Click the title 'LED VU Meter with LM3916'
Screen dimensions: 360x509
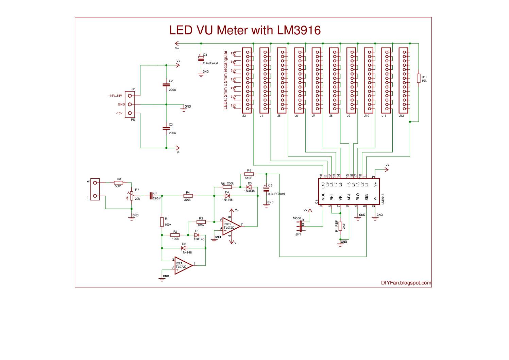(x=245, y=30)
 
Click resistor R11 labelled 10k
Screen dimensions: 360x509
(x=419, y=78)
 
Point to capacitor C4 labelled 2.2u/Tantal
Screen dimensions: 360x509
(x=201, y=58)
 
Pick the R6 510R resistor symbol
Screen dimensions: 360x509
(x=249, y=174)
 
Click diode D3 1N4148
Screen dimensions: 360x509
(x=249, y=187)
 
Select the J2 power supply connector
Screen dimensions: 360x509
(x=130, y=104)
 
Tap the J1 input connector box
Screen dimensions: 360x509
(x=95, y=189)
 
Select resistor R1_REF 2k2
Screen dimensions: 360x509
(x=340, y=226)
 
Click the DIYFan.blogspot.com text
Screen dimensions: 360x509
(x=406, y=283)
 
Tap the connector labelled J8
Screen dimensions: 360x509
(x=334, y=80)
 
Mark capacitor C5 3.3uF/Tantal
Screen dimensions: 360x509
(x=266, y=190)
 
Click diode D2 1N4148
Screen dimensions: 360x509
(x=184, y=248)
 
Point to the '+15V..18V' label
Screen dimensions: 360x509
(x=115, y=96)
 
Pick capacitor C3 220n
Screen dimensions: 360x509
(x=166, y=128)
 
